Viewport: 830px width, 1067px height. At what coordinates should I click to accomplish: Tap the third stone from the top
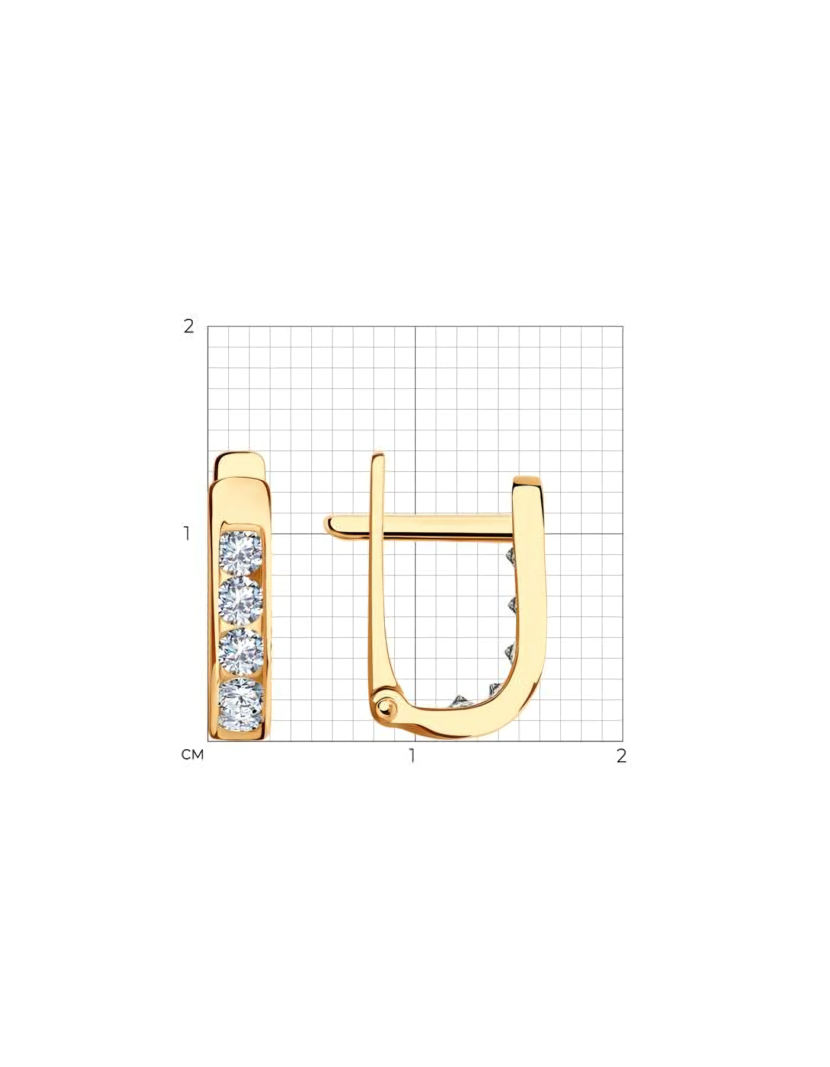(x=241, y=651)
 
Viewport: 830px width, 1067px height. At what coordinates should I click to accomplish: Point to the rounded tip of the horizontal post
(x=327, y=525)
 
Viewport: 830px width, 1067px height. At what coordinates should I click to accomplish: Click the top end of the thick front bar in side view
(x=527, y=481)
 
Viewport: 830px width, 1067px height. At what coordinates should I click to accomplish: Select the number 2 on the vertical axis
(x=189, y=326)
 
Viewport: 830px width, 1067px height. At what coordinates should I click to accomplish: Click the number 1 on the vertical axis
(x=187, y=533)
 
